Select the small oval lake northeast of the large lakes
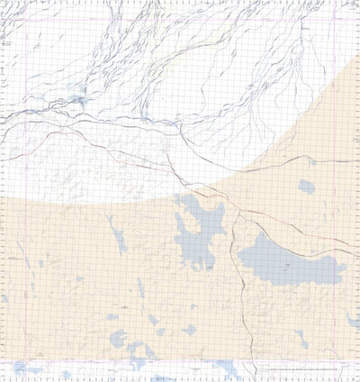307,187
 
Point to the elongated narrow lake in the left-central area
118,238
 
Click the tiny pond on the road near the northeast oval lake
311,161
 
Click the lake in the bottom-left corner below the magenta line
25,368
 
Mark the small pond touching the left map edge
4,298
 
